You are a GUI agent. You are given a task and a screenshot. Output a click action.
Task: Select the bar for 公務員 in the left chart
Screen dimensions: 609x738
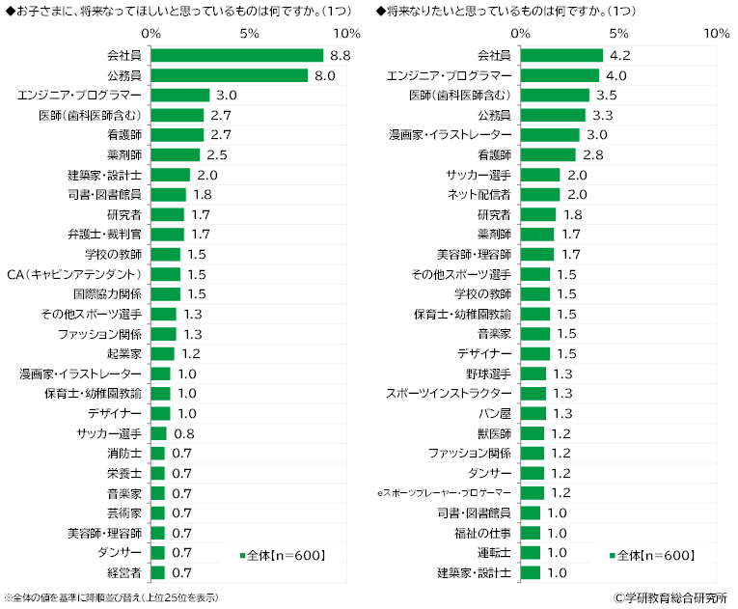pos(230,75)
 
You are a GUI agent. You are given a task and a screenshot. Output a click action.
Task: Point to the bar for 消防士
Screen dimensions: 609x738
pos(158,453)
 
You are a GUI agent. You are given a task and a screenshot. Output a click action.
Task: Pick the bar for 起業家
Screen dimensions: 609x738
pos(163,353)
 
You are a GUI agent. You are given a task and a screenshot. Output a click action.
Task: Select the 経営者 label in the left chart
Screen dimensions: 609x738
pos(124,572)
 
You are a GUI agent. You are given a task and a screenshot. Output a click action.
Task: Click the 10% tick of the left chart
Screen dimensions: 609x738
pos(346,33)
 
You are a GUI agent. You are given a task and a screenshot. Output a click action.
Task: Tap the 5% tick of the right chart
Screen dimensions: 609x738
pos(618,33)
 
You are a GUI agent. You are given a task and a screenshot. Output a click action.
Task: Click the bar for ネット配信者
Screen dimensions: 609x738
pos(539,194)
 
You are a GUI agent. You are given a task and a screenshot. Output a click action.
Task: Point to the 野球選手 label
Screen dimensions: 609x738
pos(490,374)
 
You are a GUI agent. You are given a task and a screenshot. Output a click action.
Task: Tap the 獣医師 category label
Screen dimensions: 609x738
pos(495,433)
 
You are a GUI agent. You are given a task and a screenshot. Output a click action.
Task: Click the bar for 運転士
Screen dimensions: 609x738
pos(530,552)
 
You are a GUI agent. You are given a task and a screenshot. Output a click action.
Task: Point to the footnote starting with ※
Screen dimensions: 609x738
pos(112,598)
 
